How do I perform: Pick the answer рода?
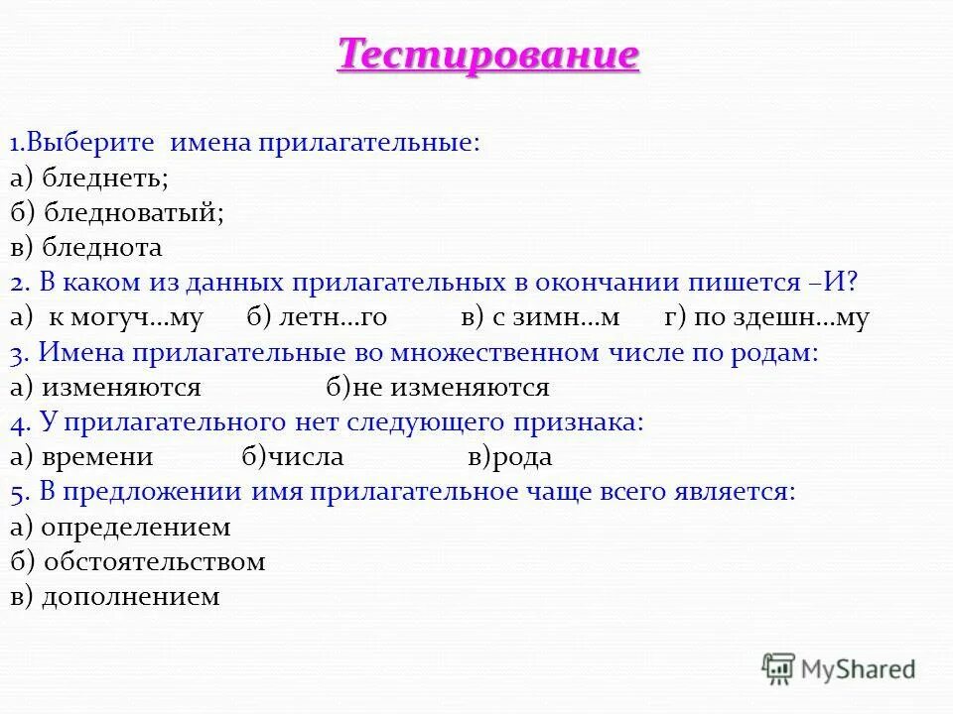pos(520,457)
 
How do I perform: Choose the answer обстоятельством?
pos(154,562)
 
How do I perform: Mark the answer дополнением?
pos(130,597)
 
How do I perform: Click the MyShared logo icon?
pos(779,668)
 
